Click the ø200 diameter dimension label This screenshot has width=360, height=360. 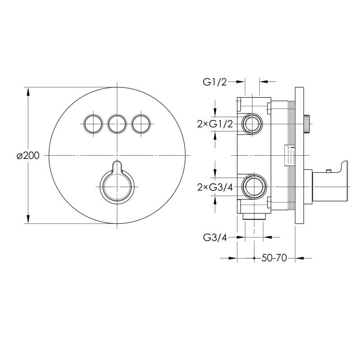click(28, 156)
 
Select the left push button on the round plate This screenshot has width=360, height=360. click(93, 124)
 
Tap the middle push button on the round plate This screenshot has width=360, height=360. click(117, 124)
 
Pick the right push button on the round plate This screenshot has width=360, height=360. click(141, 124)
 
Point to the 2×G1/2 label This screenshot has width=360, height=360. click(215, 124)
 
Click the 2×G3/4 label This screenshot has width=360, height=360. click(215, 188)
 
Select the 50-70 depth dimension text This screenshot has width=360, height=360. click(274, 258)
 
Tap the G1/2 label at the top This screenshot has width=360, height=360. click(215, 82)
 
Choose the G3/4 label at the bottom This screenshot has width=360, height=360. click(215, 238)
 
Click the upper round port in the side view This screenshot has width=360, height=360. click(252, 124)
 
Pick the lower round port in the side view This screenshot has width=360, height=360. click(254, 186)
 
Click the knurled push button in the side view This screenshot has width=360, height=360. click(307, 124)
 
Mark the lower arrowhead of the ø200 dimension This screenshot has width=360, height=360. click(28, 219)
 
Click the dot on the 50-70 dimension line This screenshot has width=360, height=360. click(254, 258)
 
